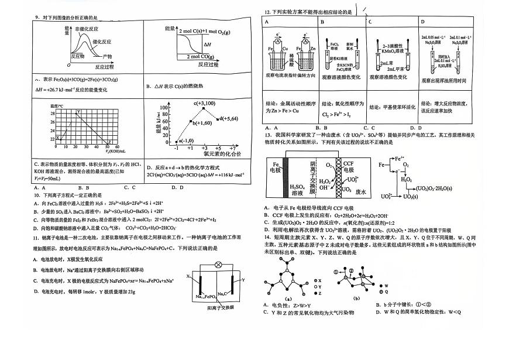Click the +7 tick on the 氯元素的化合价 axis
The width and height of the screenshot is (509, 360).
coord(233,149)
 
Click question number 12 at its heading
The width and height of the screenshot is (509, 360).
coord(267,11)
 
